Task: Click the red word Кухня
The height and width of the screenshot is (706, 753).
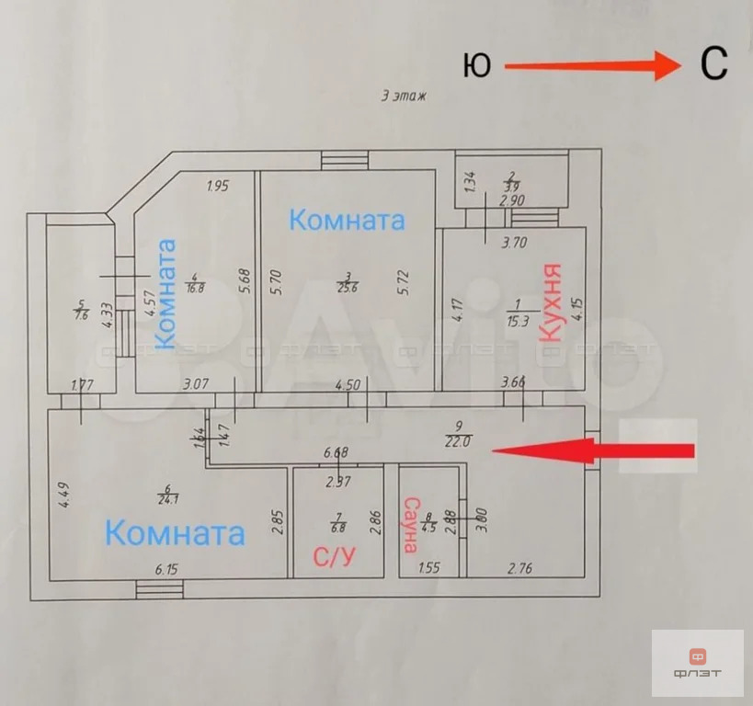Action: coord(551,302)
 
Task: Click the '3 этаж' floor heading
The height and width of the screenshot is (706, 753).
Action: coord(405,96)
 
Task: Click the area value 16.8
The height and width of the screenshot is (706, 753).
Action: coord(194,287)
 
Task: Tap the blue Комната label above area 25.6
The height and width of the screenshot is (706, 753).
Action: coord(347,221)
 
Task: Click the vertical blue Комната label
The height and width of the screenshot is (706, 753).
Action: coord(165,293)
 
